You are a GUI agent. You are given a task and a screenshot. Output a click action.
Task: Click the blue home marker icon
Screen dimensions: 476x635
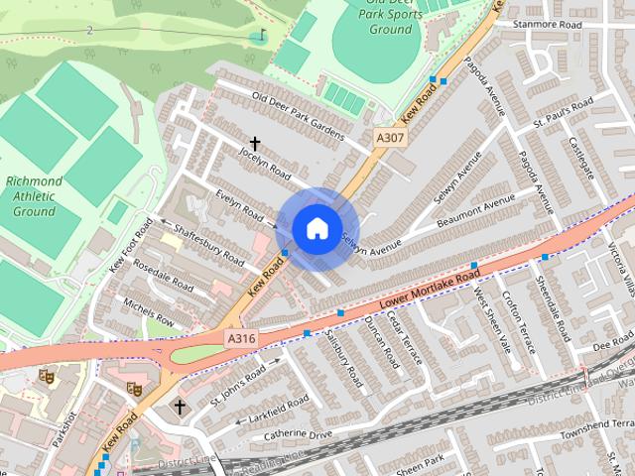pos(317,229)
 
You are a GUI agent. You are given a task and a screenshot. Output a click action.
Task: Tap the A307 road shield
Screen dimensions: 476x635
pos(390,138)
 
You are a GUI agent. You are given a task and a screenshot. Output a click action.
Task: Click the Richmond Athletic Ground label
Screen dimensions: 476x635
pos(34,196)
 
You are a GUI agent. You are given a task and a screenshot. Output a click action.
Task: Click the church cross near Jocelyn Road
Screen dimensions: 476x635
pos(255,144)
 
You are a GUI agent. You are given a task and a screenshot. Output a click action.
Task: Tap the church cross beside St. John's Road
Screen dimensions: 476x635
pos(181,407)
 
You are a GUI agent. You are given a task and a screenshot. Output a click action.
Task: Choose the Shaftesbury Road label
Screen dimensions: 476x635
pos(209,243)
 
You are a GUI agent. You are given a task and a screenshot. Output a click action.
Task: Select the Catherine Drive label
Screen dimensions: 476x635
pos(298,434)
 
